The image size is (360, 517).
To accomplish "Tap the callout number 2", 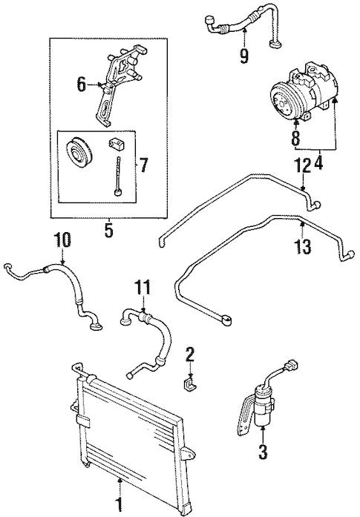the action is [x=190, y=356].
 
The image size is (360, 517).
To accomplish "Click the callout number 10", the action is [x=63, y=240].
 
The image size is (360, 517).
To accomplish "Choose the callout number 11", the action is [x=143, y=289].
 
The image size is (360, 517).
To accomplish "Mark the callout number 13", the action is [x=303, y=246].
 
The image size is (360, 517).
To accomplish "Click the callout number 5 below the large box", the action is [x=108, y=230].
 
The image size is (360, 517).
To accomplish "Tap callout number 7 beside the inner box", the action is [x=143, y=166].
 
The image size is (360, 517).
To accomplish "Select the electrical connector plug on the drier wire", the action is [x=292, y=366].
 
